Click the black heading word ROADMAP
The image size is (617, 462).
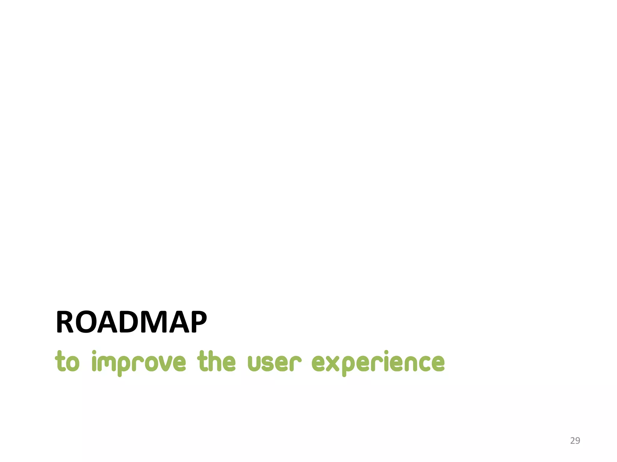[131, 322]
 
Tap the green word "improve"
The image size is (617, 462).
[139, 362]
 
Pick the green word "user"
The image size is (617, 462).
[274, 362]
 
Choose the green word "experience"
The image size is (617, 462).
[378, 362]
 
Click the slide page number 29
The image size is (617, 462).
[575, 441]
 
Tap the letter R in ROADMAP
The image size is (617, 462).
[64, 322]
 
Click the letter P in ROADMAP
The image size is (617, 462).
[197, 322]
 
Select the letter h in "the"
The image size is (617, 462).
[216, 361]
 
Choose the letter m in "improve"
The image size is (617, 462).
[106, 363]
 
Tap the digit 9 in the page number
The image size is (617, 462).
[578, 441]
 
